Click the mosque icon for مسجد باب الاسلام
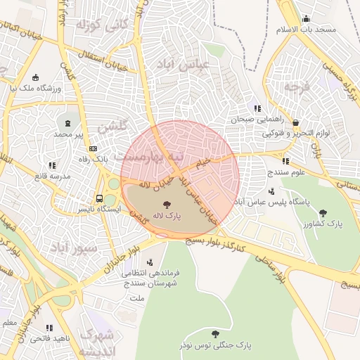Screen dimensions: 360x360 pyautogui.click(x=306, y=19)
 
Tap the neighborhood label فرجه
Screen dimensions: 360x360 pyautogui.click(x=297, y=87)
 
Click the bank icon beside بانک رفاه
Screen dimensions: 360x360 pyautogui.click(x=94, y=148)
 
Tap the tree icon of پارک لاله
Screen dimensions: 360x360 pyautogui.click(x=166, y=205)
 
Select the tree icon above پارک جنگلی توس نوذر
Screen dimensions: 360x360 pyautogui.click(x=215, y=333)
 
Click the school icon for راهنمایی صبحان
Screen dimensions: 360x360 pyautogui.click(x=257, y=108)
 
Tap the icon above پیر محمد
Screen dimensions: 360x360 pyautogui.click(x=69, y=122)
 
